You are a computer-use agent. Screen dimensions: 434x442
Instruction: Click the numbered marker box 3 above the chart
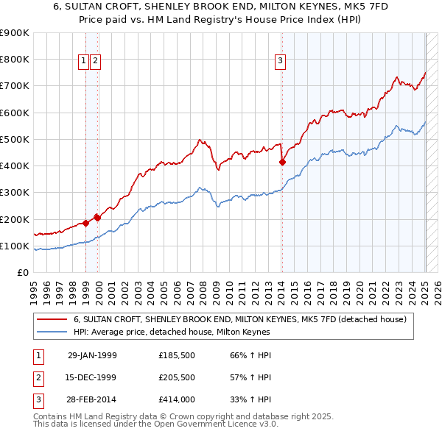(281, 61)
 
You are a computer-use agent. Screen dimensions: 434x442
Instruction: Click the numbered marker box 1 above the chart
(84, 61)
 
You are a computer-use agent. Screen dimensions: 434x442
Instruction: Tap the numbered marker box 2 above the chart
(96, 61)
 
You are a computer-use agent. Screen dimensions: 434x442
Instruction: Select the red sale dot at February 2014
(282, 163)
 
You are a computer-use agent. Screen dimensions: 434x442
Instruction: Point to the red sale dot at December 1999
(97, 218)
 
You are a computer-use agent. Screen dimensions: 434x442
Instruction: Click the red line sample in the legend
(52, 319)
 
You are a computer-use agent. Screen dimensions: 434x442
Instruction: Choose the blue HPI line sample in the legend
(52, 332)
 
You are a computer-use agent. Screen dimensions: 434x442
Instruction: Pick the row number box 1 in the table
(38, 355)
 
